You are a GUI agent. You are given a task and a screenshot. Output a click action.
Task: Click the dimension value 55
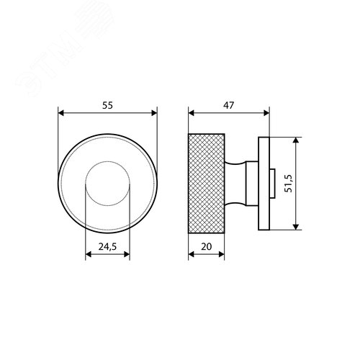tap(107, 105)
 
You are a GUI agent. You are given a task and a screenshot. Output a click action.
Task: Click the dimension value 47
tap(228, 105)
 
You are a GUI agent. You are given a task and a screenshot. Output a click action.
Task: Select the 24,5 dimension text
tap(107, 246)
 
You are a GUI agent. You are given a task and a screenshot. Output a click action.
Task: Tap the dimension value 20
tap(207, 246)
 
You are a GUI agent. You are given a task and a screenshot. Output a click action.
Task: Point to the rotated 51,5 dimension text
tap(289, 184)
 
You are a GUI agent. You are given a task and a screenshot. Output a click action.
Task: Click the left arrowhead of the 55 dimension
tap(61, 113)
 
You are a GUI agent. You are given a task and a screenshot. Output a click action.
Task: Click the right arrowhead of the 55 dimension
tap(154, 113)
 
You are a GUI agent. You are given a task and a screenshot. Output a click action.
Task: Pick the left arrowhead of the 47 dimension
tap(192, 113)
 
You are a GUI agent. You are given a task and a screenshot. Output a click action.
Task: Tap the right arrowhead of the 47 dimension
tap(266, 113)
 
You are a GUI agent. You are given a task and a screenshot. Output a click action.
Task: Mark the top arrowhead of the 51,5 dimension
tap(296, 140)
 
